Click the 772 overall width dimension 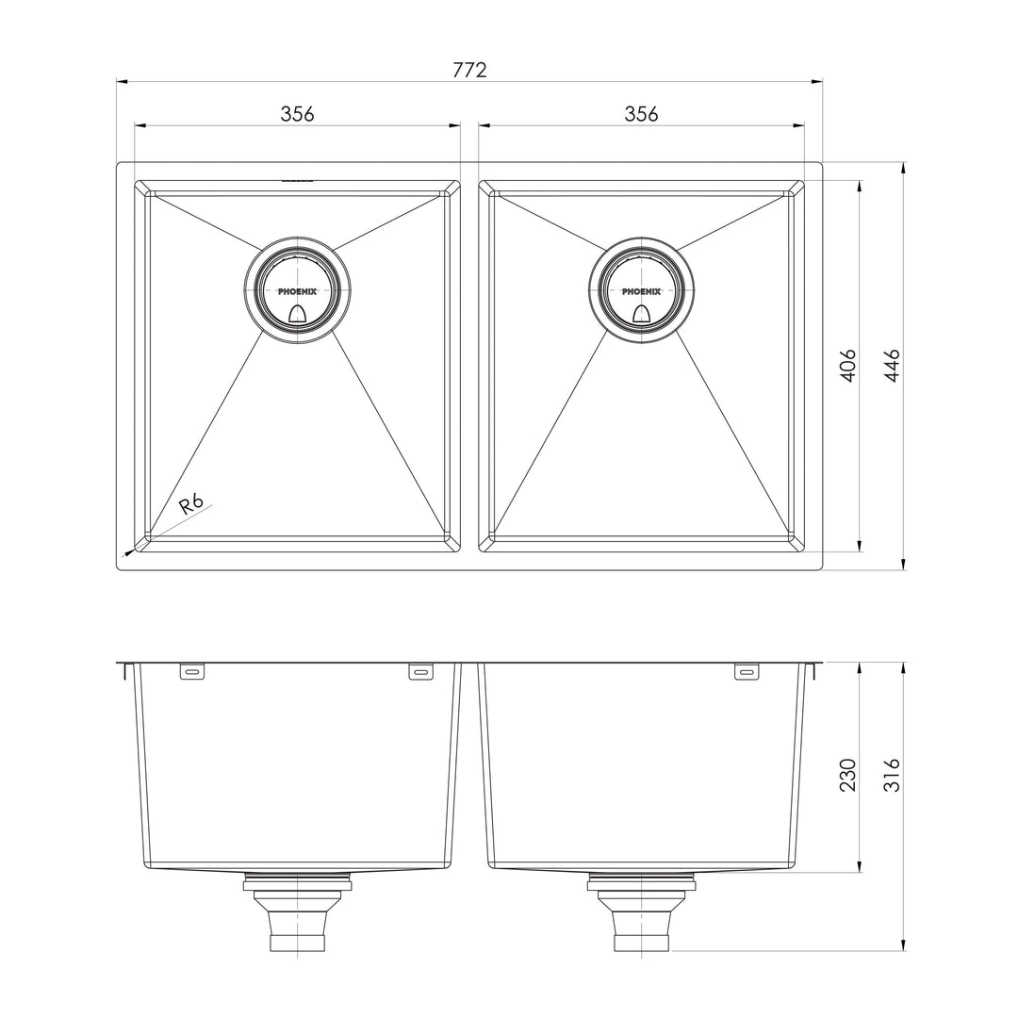469,70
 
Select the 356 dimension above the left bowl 297,114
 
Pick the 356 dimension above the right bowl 641,114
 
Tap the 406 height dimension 847,365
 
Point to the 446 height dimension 892,365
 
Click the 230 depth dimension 847,774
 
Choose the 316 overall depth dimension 892,774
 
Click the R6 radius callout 192,503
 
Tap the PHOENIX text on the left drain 297,292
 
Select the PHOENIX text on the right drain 641,292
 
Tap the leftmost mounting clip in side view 192,672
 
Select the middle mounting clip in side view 420,672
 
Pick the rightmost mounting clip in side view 746,672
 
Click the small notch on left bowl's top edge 297,179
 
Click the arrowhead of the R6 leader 126,554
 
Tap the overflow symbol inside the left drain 297,315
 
